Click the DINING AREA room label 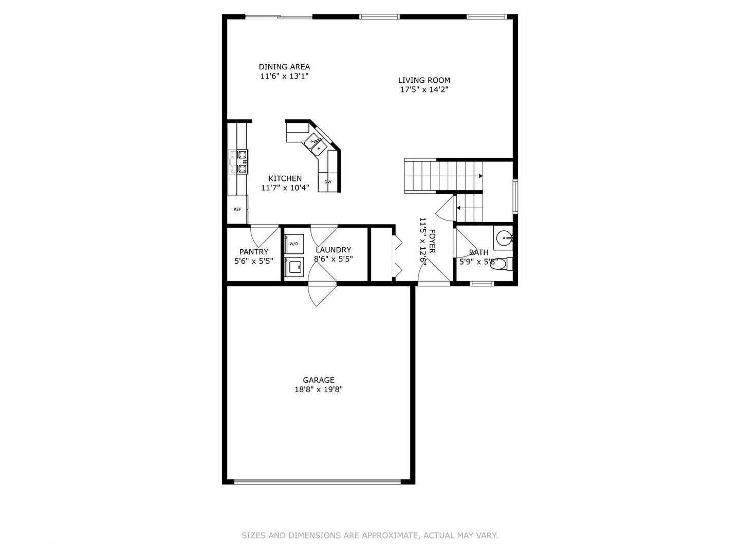(x=284, y=67)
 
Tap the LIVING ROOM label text (x=424, y=80)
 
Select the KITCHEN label (x=285, y=179)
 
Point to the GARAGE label (x=319, y=380)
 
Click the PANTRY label (x=254, y=252)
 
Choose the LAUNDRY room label (x=334, y=250)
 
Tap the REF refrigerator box (x=237, y=210)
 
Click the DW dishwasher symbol (x=328, y=182)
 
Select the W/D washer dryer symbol (x=294, y=244)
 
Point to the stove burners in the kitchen (x=242, y=161)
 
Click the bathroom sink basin (x=504, y=238)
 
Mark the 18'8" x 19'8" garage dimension (x=319, y=390)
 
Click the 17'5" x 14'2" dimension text (x=424, y=89)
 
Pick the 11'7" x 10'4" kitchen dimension (x=285, y=188)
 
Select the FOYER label (x=432, y=241)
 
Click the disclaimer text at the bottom (x=369, y=535)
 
